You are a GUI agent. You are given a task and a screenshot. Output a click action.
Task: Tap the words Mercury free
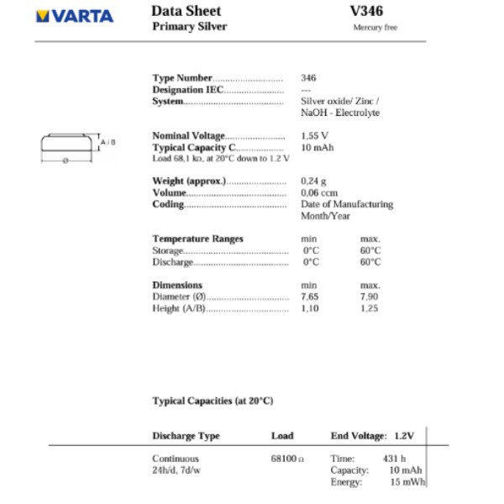[375, 28]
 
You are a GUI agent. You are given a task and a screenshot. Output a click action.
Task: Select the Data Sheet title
[186, 11]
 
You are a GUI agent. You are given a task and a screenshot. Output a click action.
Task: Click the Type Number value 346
[308, 78]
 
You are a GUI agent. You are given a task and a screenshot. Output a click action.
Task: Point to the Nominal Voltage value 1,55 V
[314, 135]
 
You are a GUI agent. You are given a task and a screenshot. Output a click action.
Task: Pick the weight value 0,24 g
[313, 181]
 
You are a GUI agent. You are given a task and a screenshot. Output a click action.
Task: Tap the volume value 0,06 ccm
[318, 192]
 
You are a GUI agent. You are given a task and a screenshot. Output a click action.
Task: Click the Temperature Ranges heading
[197, 239]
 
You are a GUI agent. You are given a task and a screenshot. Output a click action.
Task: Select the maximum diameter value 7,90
[370, 297]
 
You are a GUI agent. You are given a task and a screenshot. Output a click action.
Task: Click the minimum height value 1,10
[311, 308]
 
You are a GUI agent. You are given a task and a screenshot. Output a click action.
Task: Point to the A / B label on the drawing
[108, 143]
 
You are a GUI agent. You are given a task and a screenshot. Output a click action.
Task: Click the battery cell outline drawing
[66, 144]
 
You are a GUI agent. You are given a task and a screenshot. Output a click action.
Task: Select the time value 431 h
[395, 459]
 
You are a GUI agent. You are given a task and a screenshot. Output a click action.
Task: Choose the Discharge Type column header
[186, 436]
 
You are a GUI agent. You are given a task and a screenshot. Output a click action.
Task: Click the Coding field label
[167, 204]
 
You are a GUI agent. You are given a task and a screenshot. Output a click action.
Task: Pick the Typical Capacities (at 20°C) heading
[213, 401]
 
